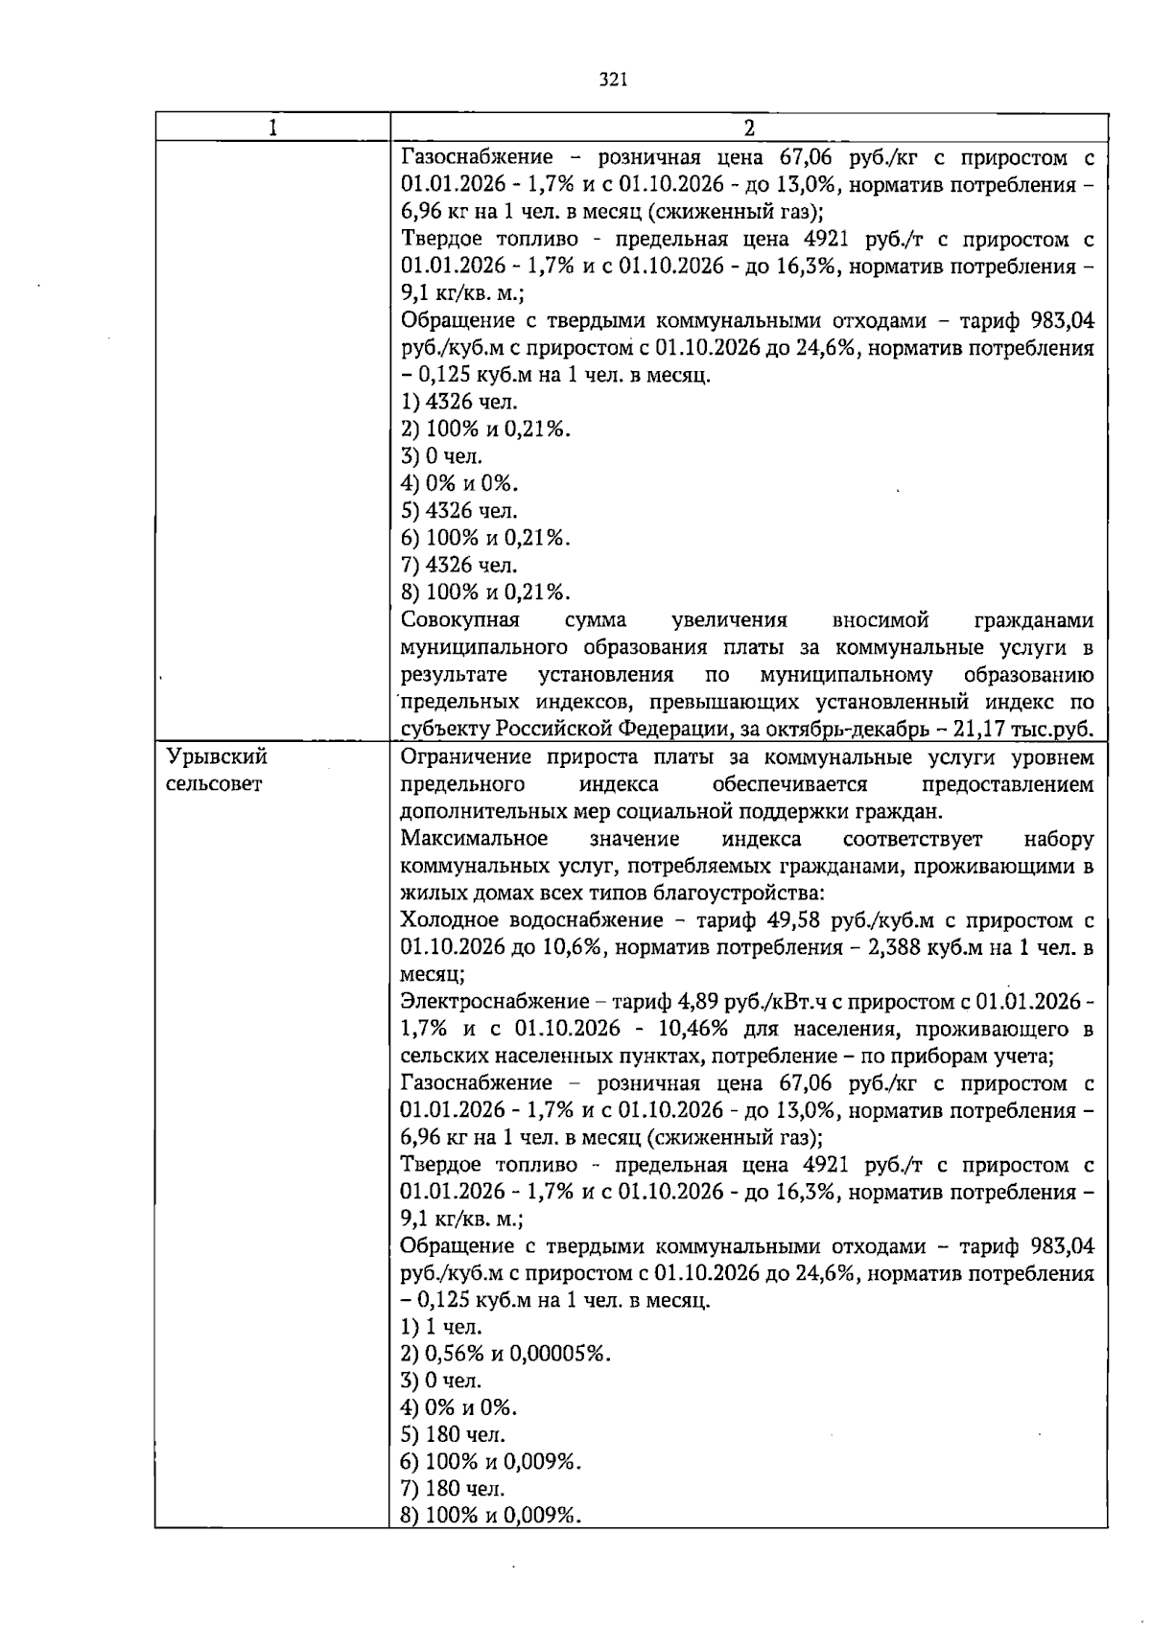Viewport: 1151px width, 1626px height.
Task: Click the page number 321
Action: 612,81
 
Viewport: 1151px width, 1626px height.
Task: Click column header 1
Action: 272,128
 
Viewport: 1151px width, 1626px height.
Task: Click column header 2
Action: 749,128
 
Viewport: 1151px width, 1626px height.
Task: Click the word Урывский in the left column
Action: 217,756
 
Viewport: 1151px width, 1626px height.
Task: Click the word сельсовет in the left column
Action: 214,784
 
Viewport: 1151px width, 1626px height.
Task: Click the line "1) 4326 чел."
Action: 458,402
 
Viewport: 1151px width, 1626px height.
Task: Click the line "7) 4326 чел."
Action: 458,565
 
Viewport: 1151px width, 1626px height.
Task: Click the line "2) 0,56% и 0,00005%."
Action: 505,1354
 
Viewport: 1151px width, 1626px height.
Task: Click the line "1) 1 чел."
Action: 441,1327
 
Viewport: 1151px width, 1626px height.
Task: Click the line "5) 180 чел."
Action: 453,1435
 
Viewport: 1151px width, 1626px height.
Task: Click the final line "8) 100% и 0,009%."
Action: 492,1516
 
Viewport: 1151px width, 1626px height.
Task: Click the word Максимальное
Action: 474,839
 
